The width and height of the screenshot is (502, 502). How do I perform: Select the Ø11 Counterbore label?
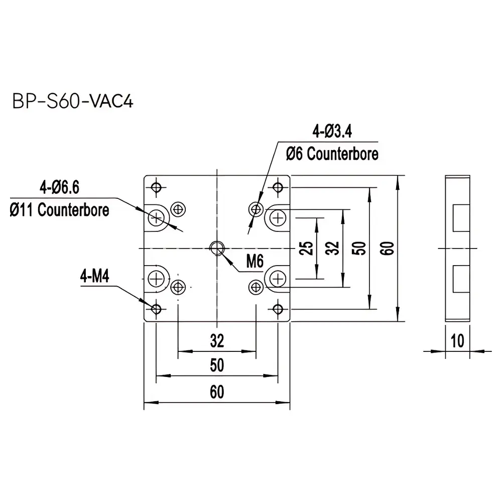click(59, 209)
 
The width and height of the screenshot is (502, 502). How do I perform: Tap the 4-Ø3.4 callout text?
click(332, 133)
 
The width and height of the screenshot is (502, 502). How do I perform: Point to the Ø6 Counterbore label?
click(332, 154)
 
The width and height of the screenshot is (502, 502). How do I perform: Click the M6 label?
click(255, 261)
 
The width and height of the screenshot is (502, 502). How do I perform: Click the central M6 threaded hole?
click(217, 247)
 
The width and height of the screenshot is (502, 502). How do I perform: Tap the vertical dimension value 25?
click(309, 248)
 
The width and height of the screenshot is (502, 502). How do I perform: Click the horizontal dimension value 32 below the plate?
click(217, 341)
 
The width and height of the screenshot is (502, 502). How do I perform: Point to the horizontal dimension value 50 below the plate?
click(217, 365)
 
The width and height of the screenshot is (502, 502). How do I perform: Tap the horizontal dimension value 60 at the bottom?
click(217, 393)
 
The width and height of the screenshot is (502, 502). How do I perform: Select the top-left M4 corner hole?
click(156, 187)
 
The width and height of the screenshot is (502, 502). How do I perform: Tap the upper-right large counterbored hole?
click(277, 218)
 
